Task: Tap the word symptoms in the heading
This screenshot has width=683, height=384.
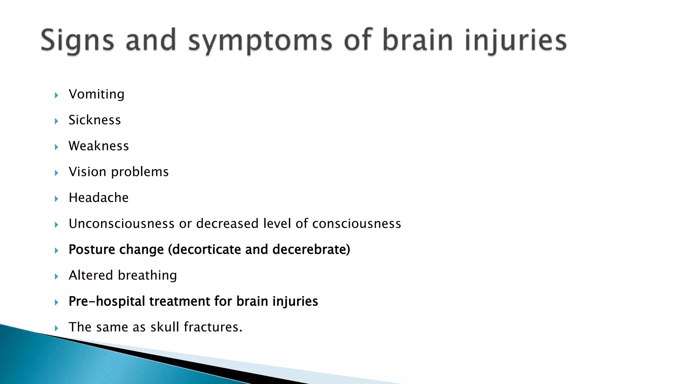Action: click(x=260, y=41)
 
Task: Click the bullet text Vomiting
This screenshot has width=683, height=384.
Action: click(x=96, y=94)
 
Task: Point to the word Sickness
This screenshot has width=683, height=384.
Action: click(x=95, y=120)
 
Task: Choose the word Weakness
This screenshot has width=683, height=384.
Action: click(x=99, y=146)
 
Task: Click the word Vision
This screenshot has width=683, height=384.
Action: click(x=87, y=172)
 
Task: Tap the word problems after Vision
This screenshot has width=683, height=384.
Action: click(x=140, y=172)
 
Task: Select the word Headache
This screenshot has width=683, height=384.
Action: click(x=98, y=198)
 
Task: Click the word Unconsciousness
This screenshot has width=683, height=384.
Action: click(x=121, y=224)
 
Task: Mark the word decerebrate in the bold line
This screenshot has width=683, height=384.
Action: click(x=311, y=250)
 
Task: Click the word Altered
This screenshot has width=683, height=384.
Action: click(x=91, y=275)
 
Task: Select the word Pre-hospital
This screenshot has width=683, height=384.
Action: click(x=107, y=301)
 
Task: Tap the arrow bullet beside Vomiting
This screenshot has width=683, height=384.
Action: click(x=56, y=95)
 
